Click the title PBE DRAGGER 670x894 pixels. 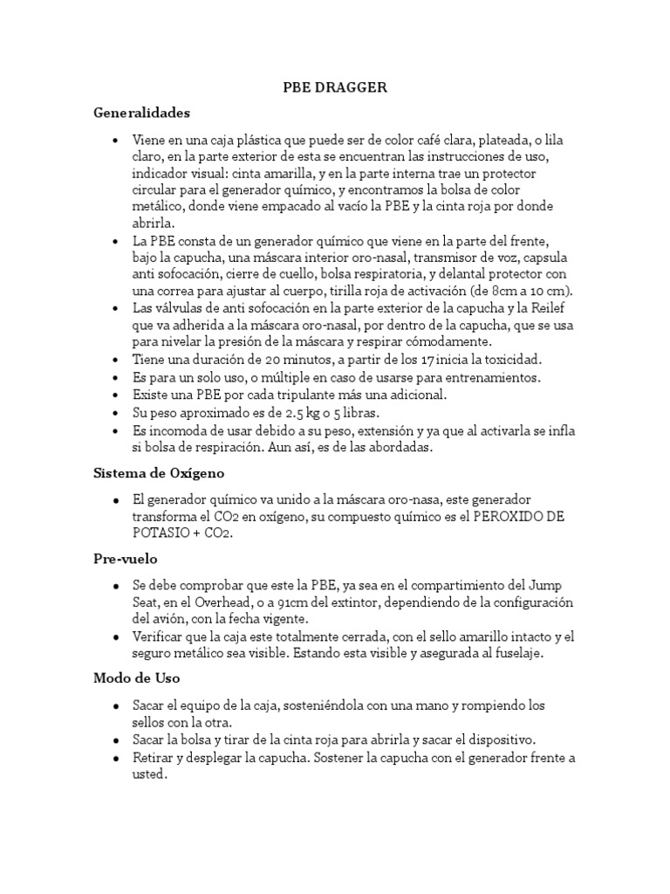(x=335, y=87)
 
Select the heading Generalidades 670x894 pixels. (x=141, y=113)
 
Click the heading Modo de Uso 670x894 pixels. (x=136, y=677)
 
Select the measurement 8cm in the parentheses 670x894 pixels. (x=501, y=291)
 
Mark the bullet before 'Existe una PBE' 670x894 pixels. (x=115, y=395)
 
